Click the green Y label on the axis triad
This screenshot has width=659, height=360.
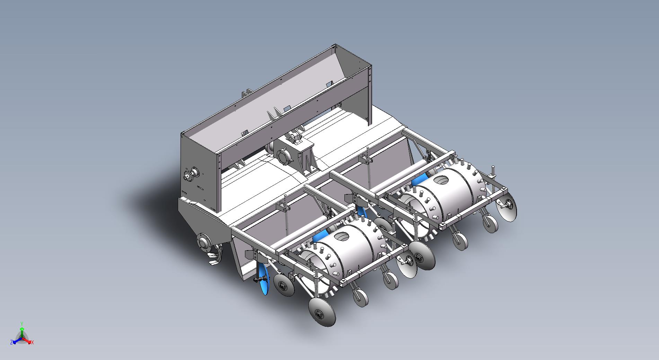click(x=21, y=324)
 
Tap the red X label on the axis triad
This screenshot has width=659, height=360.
click(x=33, y=342)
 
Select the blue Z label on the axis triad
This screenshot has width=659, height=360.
click(x=11, y=342)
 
